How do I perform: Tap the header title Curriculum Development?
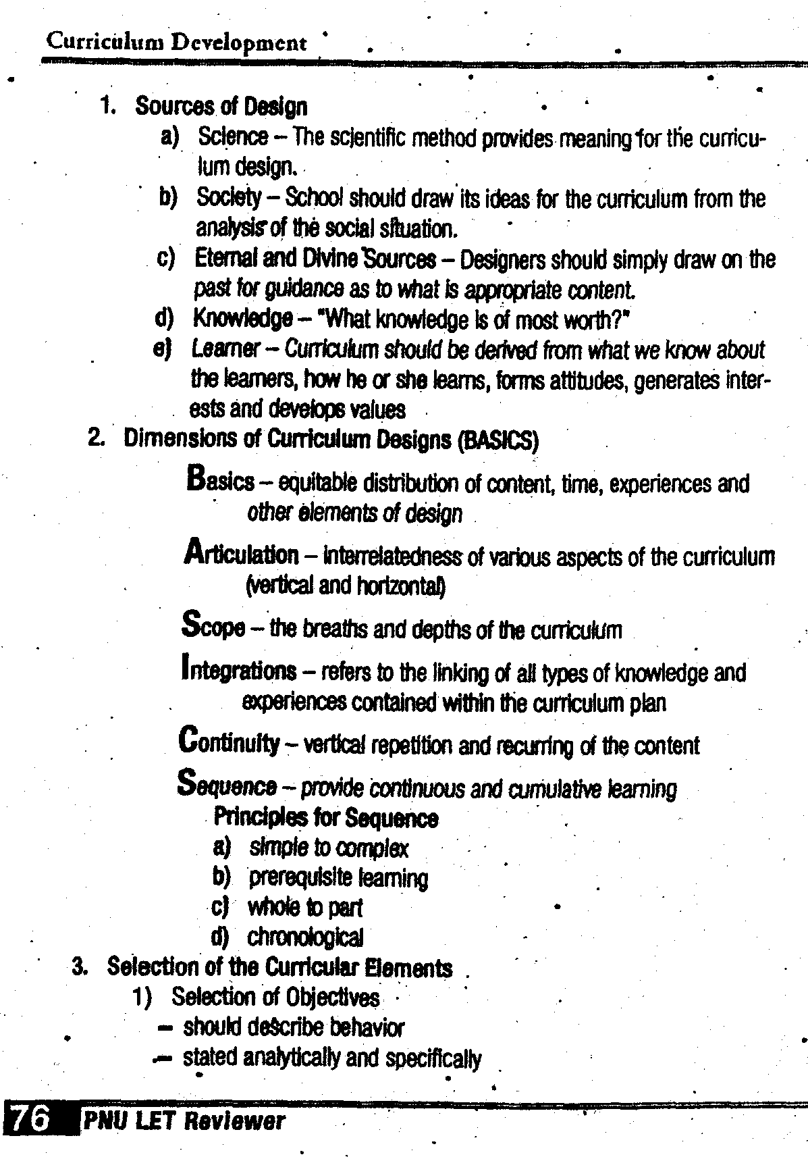176,43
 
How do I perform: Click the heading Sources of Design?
221,106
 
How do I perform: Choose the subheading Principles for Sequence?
325,818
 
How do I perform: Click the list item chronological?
305,937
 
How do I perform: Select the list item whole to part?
305,907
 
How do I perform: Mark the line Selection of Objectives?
275,997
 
